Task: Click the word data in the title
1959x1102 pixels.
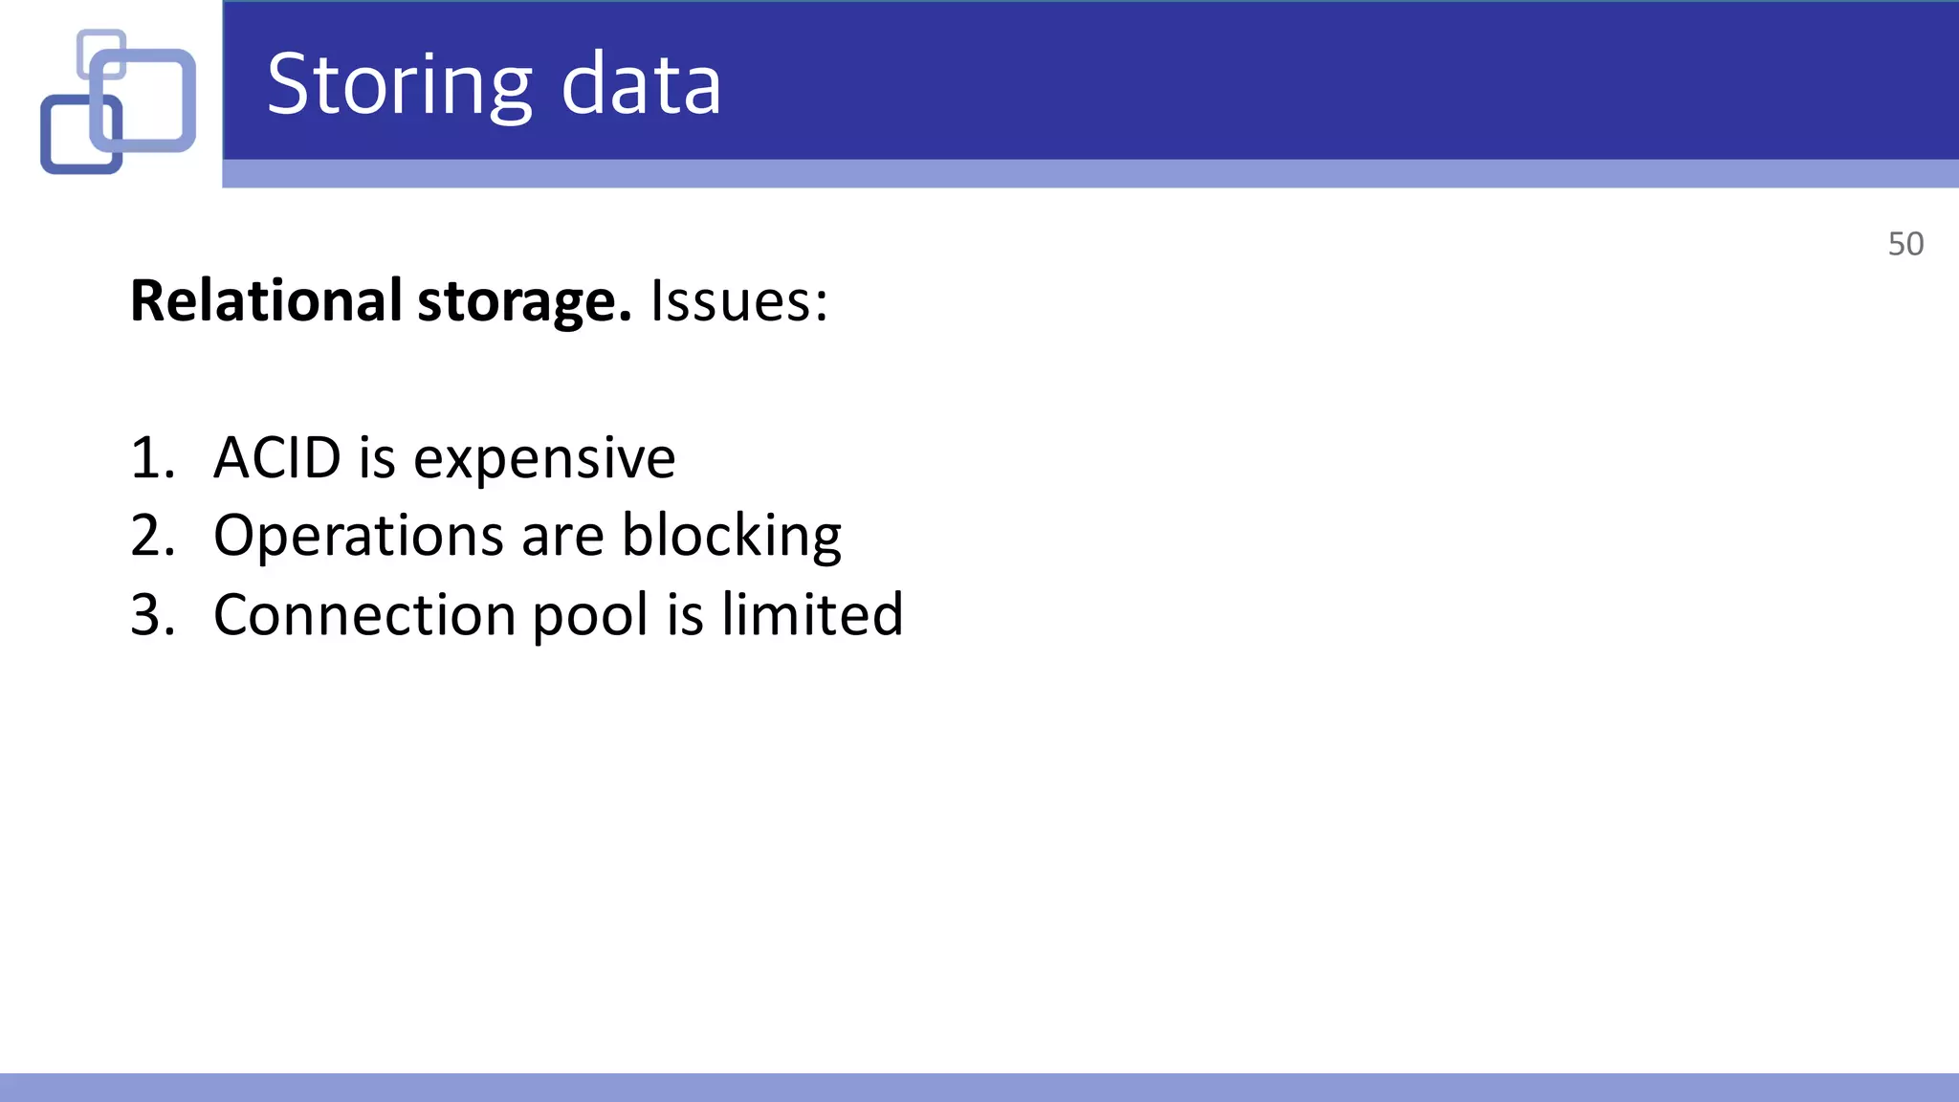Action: [x=640, y=86]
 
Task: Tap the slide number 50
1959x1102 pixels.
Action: [x=1905, y=244]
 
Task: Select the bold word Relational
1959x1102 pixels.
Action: [x=266, y=300]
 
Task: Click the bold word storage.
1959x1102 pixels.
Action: [x=524, y=302]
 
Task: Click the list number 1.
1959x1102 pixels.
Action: [x=151, y=457]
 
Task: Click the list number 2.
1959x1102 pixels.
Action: [x=151, y=535]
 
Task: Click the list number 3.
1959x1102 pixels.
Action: [x=151, y=614]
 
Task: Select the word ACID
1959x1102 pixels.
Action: [x=277, y=457]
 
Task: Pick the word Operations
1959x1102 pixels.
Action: [x=358, y=536]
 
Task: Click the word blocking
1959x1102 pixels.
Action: [x=732, y=536]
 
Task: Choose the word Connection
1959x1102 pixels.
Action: [x=364, y=614]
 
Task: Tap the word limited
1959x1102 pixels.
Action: [x=812, y=614]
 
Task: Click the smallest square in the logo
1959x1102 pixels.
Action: [x=101, y=54]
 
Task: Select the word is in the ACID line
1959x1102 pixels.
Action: [x=377, y=457]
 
